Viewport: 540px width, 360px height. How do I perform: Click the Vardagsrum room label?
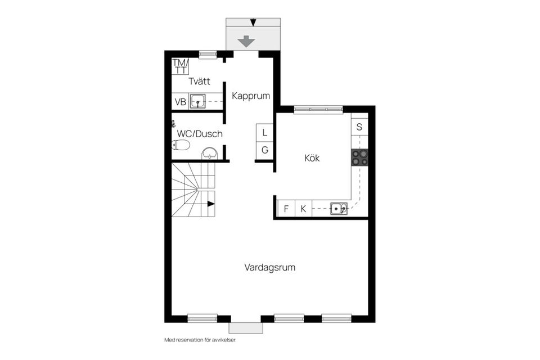pyautogui.click(x=269, y=268)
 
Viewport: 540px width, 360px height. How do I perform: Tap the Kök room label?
pyautogui.click(x=312, y=159)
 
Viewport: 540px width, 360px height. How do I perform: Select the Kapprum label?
pyautogui.click(x=251, y=96)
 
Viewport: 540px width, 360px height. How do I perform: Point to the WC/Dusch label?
pyautogui.click(x=200, y=134)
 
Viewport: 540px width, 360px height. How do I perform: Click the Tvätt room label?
pyautogui.click(x=200, y=82)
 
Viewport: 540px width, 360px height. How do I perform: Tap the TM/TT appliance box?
pyautogui.click(x=180, y=66)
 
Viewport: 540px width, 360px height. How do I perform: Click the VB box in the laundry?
pyautogui.click(x=180, y=102)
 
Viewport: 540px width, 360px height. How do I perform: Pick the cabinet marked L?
pyautogui.click(x=264, y=133)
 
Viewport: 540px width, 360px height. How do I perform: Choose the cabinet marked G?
pyautogui.click(x=264, y=151)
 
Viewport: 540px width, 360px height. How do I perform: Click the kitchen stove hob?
pyautogui.click(x=359, y=157)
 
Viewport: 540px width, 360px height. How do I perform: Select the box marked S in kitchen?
pyautogui.click(x=359, y=127)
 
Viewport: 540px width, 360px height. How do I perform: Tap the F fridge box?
pyautogui.click(x=286, y=209)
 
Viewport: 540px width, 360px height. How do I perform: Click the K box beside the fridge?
pyautogui.click(x=303, y=209)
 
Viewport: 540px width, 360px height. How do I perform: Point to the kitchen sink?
pyautogui.click(x=339, y=209)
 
